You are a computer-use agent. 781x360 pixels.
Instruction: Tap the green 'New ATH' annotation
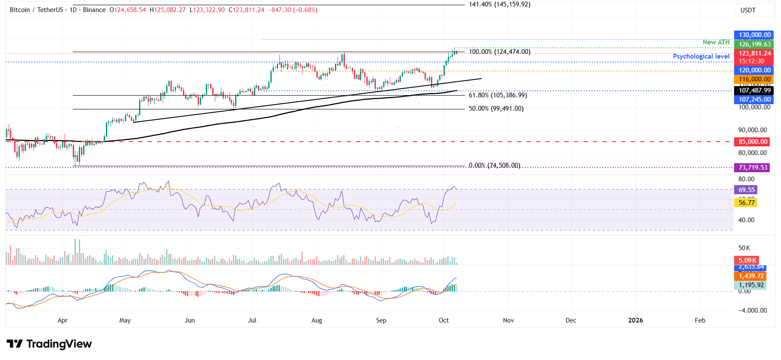pyautogui.click(x=716, y=42)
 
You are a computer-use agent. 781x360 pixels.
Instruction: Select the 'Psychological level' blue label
pyautogui.click(x=701, y=56)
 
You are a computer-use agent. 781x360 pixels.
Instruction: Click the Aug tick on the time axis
pyautogui.click(x=316, y=320)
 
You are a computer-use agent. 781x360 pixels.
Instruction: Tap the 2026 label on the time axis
pyautogui.click(x=635, y=320)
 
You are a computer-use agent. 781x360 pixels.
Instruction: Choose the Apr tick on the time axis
pyautogui.click(x=62, y=320)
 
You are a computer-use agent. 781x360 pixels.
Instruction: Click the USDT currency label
pyautogui.click(x=748, y=10)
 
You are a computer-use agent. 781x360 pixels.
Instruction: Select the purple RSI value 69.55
pyautogui.click(x=747, y=190)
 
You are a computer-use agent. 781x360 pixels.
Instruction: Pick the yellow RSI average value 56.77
pyautogui.click(x=747, y=203)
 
